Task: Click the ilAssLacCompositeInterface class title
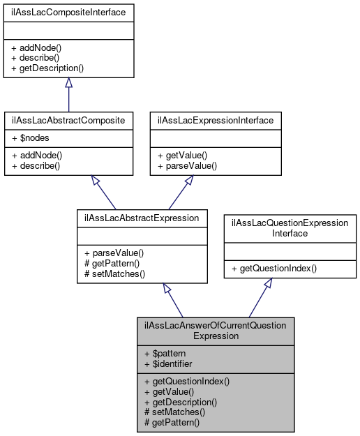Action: (68, 13)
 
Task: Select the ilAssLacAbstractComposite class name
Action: (68, 120)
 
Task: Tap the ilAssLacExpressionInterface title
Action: (216, 120)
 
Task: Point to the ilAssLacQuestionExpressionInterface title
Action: (290, 227)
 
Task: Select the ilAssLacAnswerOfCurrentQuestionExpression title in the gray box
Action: (216, 330)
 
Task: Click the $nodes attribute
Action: (30, 139)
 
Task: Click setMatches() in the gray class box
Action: (174, 412)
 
